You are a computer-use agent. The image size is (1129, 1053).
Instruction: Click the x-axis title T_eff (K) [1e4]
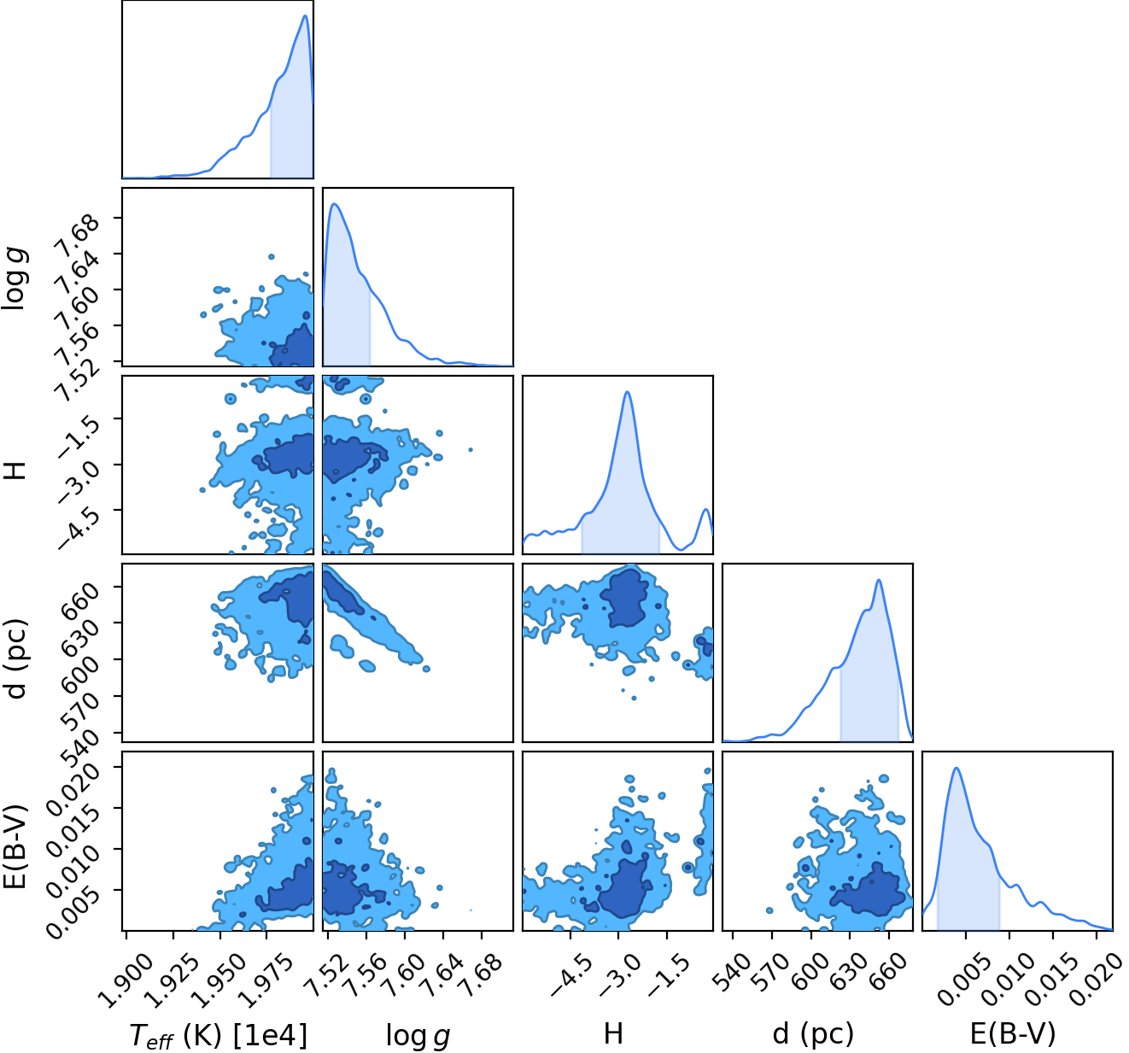pos(219,1034)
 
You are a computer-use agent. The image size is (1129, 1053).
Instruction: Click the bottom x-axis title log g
pos(418,1035)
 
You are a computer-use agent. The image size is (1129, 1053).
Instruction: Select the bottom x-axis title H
pos(613,1033)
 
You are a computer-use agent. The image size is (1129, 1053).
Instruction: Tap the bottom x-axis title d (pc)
pos(813,1033)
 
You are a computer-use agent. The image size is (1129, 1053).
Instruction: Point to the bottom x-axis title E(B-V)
pos(1013,1033)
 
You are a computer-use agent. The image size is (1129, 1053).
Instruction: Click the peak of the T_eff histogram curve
pos(305,15)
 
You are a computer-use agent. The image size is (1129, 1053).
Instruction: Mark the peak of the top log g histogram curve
pos(335,203)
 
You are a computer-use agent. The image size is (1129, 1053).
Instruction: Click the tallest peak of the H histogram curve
pos(627,391)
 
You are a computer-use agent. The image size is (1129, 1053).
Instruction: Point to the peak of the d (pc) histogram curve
pos(879,580)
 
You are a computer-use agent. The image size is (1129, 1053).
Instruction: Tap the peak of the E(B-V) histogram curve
pos(956,768)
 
